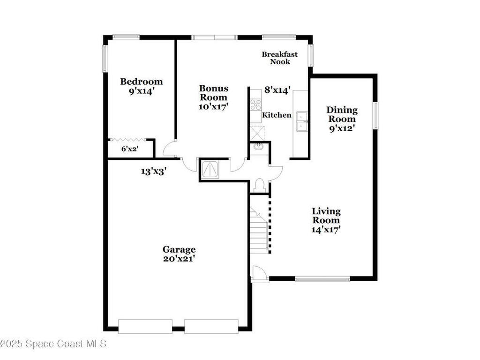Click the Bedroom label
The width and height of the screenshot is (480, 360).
tap(142, 86)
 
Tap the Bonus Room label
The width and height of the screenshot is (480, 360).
tap(214, 97)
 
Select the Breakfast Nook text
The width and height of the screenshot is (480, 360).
tap(279, 58)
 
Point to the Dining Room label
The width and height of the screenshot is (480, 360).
tap(342, 119)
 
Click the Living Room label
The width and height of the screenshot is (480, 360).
tap(326, 220)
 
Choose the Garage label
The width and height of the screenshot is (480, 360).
tap(179, 254)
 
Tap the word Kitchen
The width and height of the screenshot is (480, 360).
tap(277, 115)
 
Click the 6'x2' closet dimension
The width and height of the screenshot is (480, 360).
tap(130, 149)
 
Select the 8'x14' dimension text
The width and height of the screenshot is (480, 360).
tap(277, 89)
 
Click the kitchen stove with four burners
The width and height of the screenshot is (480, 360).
tap(255, 105)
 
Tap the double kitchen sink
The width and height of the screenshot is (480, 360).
tap(301, 121)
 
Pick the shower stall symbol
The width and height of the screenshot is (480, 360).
tap(209, 169)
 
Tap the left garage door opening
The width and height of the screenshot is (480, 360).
tap(145, 326)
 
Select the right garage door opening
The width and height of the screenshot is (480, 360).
tap(211, 326)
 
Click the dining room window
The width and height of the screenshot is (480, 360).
tap(375, 115)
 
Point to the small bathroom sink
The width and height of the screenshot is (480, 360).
tap(258, 147)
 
